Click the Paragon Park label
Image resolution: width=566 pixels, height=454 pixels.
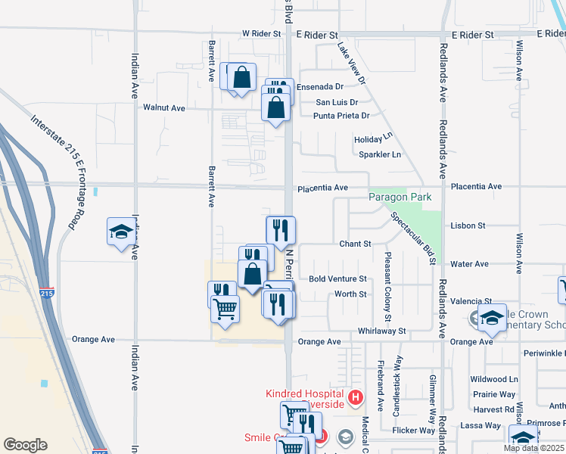[x=400, y=197]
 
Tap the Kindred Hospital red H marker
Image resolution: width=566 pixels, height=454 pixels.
[x=356, y=396]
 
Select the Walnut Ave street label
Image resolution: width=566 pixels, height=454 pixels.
[x=164, y=108]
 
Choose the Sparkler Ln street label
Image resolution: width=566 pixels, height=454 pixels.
[x=381, y=154]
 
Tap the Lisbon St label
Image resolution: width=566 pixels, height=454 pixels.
[x=467, y=225]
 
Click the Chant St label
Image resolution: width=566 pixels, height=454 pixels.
[x=355, y=244]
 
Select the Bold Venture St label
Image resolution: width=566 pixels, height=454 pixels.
[x=337, y=279]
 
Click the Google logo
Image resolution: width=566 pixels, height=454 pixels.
[x=25, y=445]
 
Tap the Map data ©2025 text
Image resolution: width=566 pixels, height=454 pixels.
[x=533, y=448]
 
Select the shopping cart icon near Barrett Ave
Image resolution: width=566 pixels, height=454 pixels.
[x=225, y=309]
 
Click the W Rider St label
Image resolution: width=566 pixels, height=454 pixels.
[x=261, y=34]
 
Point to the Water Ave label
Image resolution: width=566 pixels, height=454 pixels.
[x=469, y=264]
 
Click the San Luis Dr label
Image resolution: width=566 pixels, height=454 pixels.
[x=337, y=101]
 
